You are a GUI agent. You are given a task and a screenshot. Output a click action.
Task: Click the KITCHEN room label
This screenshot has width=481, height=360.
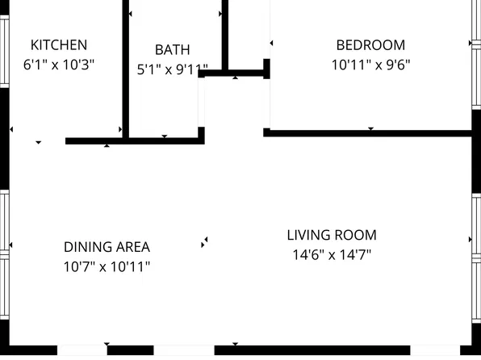(x=59, y=45)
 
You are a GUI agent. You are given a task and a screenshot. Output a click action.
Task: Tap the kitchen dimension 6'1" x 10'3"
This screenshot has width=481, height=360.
(x=59, y=65)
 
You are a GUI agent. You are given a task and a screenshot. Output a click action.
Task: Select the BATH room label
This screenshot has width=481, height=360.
(x=173, y=50)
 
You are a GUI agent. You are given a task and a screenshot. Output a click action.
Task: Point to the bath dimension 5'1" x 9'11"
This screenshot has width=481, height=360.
(x=173, y=69)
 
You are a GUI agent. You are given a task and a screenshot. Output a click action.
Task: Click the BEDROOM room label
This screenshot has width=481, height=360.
(x=371, y=45)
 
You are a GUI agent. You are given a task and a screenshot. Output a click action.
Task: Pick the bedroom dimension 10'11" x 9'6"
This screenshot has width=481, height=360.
(x=371, y=65)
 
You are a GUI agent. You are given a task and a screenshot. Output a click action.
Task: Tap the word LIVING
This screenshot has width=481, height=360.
(x=308, y=236)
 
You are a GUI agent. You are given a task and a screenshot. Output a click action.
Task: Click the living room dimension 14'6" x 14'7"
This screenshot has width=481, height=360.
(x=332, y=255)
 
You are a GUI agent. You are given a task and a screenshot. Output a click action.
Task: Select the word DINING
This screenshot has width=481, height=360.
(x=85, y=247)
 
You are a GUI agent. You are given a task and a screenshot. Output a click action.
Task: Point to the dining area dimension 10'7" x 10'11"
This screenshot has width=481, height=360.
(x=107, y=266)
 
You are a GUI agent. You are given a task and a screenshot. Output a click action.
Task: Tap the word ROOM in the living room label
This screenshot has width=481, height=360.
(x=355, y=236)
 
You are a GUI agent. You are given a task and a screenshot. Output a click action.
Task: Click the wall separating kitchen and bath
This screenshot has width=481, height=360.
(x=125, y=69)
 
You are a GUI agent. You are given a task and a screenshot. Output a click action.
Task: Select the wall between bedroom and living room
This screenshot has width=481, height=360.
(x=367, y=133)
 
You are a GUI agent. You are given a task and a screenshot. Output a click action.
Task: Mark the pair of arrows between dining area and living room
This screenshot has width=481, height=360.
(x=204, y=242)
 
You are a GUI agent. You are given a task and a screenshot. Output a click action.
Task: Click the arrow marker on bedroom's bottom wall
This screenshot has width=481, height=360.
(x=371, y=128)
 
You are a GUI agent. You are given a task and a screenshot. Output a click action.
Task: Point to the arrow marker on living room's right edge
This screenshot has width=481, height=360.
(x=471, y=240)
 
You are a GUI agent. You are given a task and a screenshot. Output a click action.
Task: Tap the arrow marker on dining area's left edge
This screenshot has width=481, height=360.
(x=11, y=245)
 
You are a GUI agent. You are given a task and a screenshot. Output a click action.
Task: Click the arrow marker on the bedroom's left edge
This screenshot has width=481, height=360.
(x=271, y=44)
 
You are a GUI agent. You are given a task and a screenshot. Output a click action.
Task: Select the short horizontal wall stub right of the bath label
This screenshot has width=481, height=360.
(x=234, y=73)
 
